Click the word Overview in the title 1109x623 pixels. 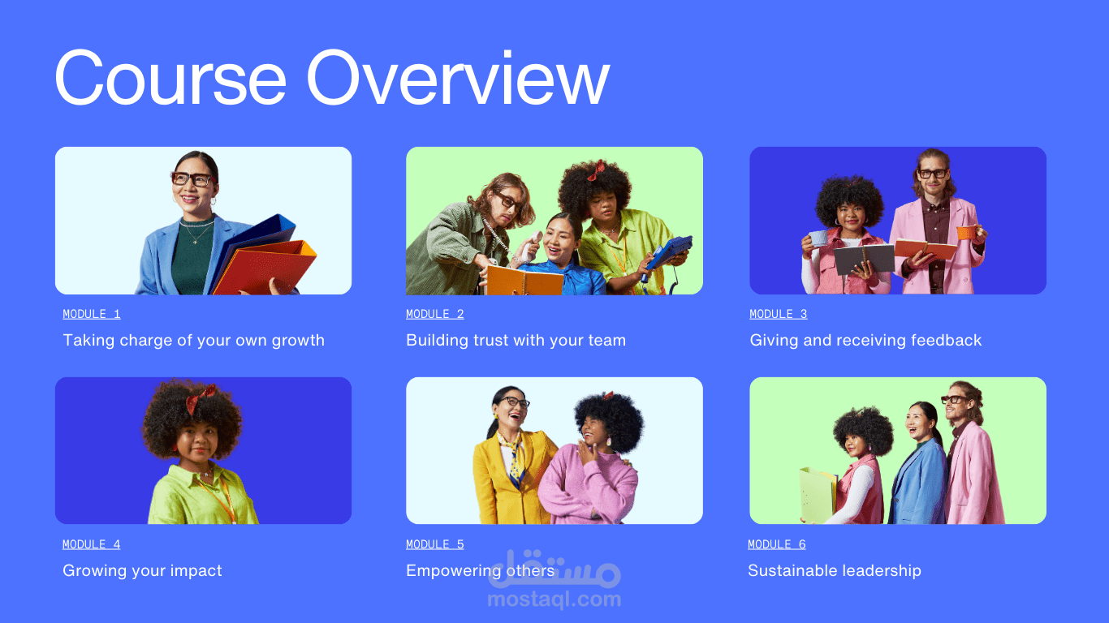click(458, 77)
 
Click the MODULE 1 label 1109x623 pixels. click(92, 314)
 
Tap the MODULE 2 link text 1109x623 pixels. click(434, 314)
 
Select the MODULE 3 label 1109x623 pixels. click(779, 314)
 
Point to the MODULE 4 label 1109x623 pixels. click(92, 544)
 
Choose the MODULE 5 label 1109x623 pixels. click(434, 544)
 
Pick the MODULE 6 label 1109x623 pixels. click(777, 544)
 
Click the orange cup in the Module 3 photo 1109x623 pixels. click(966, 232)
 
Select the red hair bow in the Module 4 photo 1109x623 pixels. click(200, 398)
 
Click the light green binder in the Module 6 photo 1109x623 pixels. click(818, 495)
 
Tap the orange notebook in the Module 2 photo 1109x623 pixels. click(524, 281)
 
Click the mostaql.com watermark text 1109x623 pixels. click(554, 599)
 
